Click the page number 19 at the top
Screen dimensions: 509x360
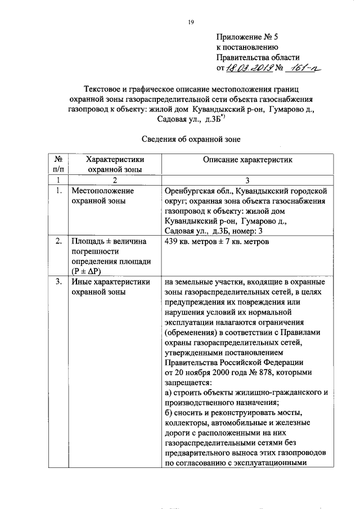coord(191,22)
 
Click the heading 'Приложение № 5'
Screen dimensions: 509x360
coord(248,38)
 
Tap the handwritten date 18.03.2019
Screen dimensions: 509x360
coord(250,68)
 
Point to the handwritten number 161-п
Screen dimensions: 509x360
coord(303,67)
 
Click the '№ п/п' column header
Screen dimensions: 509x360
coord(58,164)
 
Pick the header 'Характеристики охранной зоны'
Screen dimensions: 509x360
coord(114,164)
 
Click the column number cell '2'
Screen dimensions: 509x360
coord(114,179)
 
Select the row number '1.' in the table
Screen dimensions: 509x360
coord(58,191)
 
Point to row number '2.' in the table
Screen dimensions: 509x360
coord(58,242)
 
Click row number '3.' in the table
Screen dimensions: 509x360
coord(58,282)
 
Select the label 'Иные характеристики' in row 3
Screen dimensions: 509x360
coord(109,282)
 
